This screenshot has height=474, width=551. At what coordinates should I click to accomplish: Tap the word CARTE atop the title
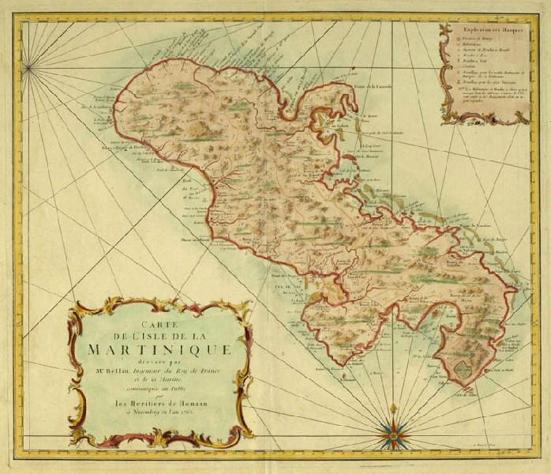coord(159,322)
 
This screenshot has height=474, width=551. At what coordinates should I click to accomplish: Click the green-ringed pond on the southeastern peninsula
coord(458,367)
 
